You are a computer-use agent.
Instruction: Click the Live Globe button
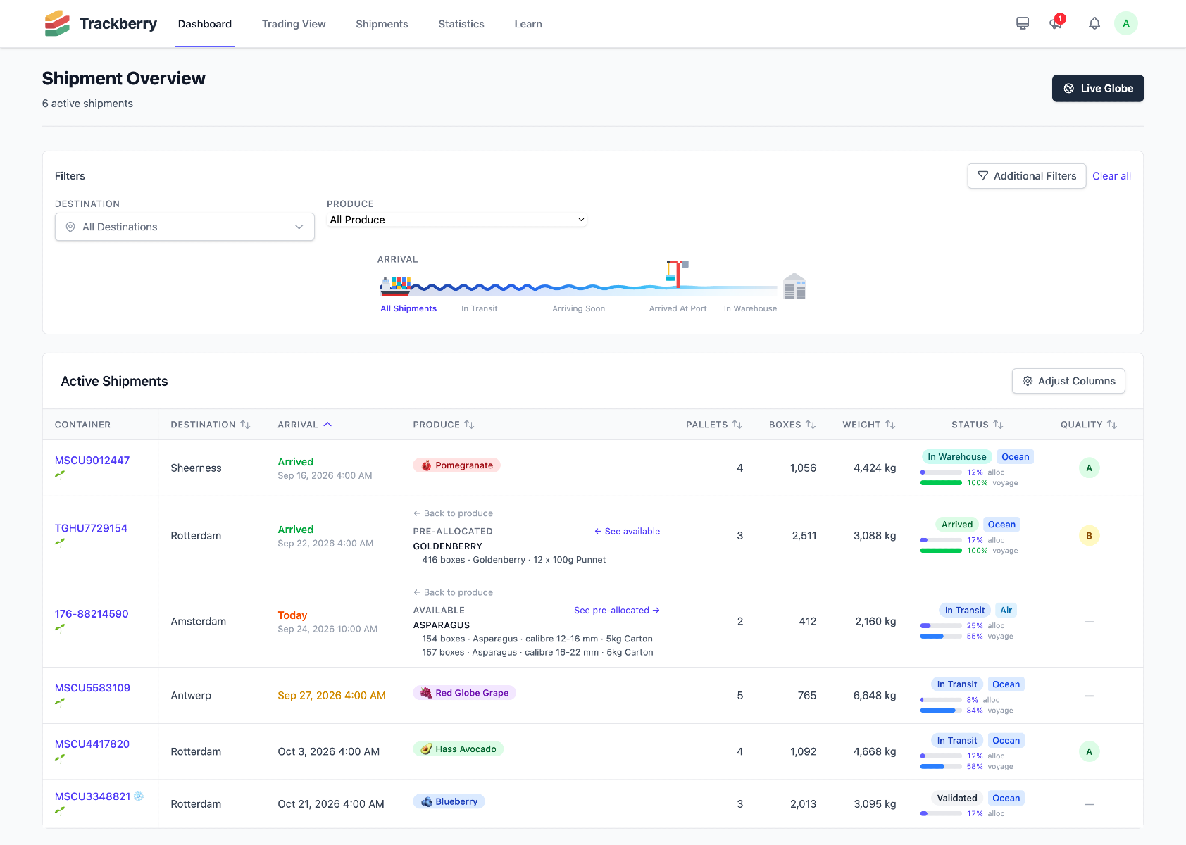point(1097,89)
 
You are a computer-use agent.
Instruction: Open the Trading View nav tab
point(293,24)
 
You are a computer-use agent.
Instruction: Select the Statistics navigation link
point(461,24)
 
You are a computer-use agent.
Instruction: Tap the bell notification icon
point(1094,23)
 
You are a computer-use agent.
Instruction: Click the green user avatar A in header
point(1125,23)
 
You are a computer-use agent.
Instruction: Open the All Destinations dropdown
point(185,227)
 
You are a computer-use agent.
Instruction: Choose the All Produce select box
point(457,220)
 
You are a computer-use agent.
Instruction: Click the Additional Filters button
point(1027,176)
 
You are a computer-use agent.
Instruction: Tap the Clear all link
point(1111,176)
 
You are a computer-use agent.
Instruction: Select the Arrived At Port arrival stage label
point(678,308)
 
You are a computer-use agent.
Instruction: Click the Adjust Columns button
point(1068,381)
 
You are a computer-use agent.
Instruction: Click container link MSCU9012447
point(92,460)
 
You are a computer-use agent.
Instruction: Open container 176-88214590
point(92,613)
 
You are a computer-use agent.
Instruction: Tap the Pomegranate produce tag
point(456,465)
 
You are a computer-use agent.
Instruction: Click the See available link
point(627,531)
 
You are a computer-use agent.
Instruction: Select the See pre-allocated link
point(617,610)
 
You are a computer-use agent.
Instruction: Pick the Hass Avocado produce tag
point(458,749)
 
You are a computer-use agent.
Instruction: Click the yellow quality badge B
point(1089,536)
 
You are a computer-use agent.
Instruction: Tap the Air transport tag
point(1006,610)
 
